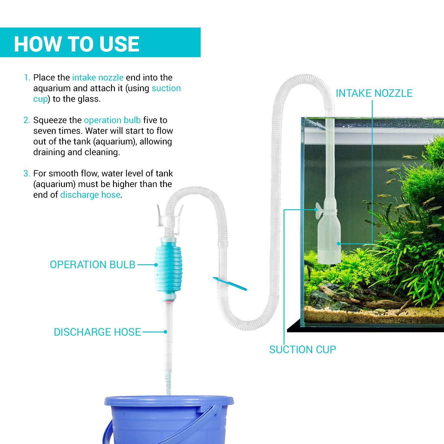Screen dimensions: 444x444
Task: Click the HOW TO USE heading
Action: pyautogui.click(x=76, y=44)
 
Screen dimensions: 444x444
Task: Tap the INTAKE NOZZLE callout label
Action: pyautogui.click(x=374, y=93)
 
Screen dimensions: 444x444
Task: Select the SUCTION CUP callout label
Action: pyautogui.click(x=302, y=350)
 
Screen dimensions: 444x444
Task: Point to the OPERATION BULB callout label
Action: pyautogui.click(x=92, y=265)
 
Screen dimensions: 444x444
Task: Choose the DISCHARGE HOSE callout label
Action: pyautogui.click(x=97, y=332)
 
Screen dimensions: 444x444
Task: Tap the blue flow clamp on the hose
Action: pyautogui.click(x=230, y=284)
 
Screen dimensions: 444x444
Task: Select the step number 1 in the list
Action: pyautogui.click(x=27, y=78)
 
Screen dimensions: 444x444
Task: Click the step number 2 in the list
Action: pyautogui.click(x=27, y=120)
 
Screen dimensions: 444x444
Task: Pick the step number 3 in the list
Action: pyautogui.click(x=27, y=173)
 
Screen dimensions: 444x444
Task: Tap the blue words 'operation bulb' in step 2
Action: pyautogui.click(x=112, y=120)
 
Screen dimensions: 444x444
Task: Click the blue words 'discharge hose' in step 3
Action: pyautogui.click(x=90, y=195)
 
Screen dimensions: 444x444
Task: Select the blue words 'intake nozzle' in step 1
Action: pyautogui.click(x=98, y=78)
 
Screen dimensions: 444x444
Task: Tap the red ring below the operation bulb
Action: pyautogui.click(x=168, y=302)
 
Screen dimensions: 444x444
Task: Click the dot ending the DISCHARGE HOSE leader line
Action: pyautogui.click(x=165, y=332)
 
